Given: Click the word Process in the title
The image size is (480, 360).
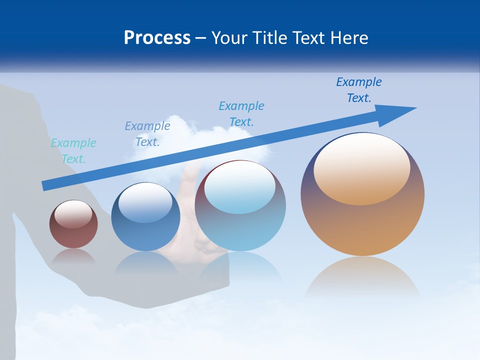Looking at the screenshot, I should [157, 38].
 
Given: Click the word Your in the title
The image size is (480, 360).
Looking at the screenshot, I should [228, 38].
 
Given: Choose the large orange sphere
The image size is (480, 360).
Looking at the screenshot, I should [362, 225].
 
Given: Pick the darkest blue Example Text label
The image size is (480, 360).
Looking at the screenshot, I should [359, 90].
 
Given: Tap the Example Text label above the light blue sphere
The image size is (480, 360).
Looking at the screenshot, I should [241, 114].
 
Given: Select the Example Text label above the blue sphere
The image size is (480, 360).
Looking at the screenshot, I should [147, 134].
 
